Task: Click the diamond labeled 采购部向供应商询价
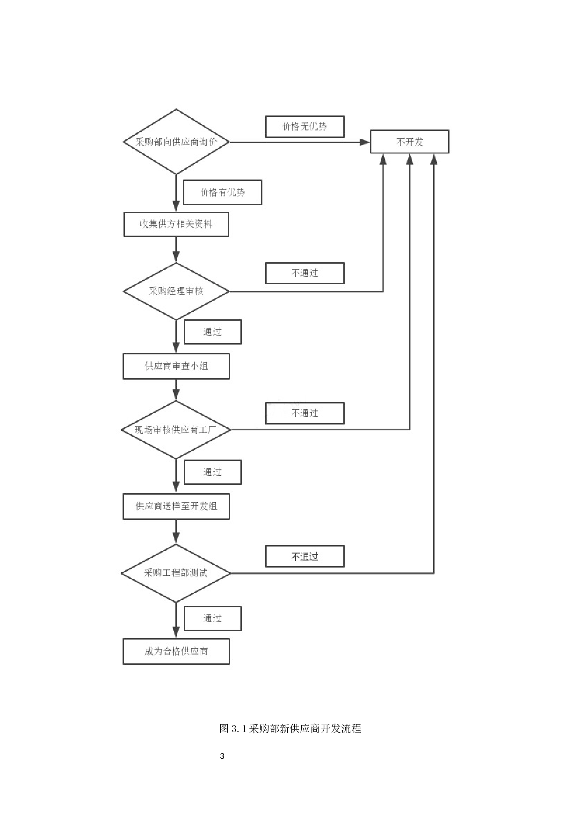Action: pos(176,142)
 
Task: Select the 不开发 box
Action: pos(409,142)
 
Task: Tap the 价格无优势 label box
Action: pos(304,127)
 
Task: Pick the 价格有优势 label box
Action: pos(222,192)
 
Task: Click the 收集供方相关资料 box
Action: pos(176,224)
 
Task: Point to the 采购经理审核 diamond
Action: pos(176,291)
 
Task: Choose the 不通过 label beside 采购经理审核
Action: pos(304,273)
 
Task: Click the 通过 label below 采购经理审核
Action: pos(213,332)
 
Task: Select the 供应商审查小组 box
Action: pos(176,366)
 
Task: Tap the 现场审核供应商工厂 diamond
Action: pos(176,430)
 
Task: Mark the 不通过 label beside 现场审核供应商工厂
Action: pos(304,413)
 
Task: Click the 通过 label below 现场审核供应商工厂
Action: pos(213,472)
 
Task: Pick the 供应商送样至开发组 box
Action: pos(176,506)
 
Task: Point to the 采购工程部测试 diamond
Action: pos(176,573)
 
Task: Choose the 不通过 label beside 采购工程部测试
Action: pos(304,556)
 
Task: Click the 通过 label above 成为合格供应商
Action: pos(213,619)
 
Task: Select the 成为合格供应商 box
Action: pos(176,651)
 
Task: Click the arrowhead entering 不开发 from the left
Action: pos(365,142)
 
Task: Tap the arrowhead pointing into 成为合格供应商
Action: pos(176,633)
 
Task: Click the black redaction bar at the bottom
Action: pos(290,733)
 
